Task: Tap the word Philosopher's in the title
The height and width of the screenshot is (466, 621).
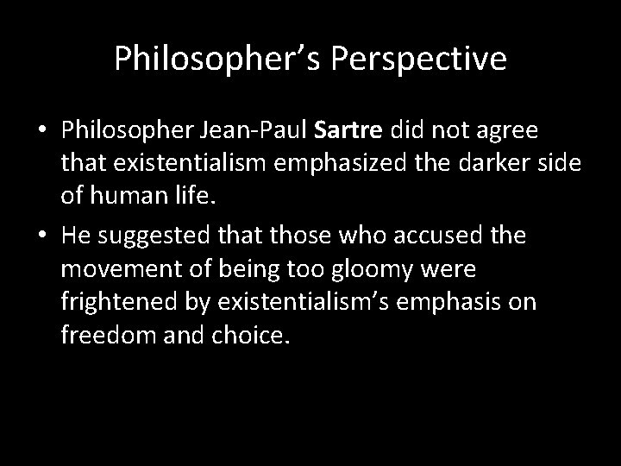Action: pos(219,60)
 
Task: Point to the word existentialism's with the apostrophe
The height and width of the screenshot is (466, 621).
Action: pos(302,303)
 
